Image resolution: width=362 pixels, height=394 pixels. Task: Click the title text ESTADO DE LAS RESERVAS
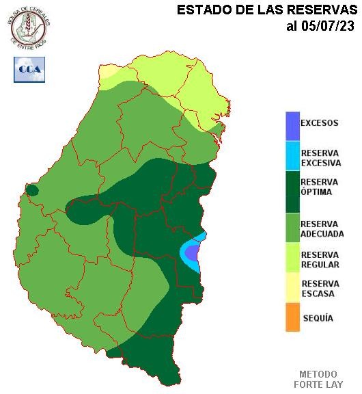267,10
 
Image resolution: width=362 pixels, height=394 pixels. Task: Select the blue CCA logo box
29,69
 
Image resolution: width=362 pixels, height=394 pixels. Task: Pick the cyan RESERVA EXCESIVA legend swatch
292,156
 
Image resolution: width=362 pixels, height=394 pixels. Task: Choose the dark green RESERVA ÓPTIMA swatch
292,192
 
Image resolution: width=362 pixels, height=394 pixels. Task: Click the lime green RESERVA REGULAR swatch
292,259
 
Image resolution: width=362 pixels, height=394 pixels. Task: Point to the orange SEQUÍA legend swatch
292,318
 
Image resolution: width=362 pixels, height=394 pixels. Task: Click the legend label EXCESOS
320,124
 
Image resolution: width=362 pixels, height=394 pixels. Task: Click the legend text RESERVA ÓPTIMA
320,187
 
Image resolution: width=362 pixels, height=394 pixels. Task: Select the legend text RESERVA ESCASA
318,289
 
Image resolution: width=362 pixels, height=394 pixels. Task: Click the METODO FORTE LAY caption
318,379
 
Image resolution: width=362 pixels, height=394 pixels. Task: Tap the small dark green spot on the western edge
31,190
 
